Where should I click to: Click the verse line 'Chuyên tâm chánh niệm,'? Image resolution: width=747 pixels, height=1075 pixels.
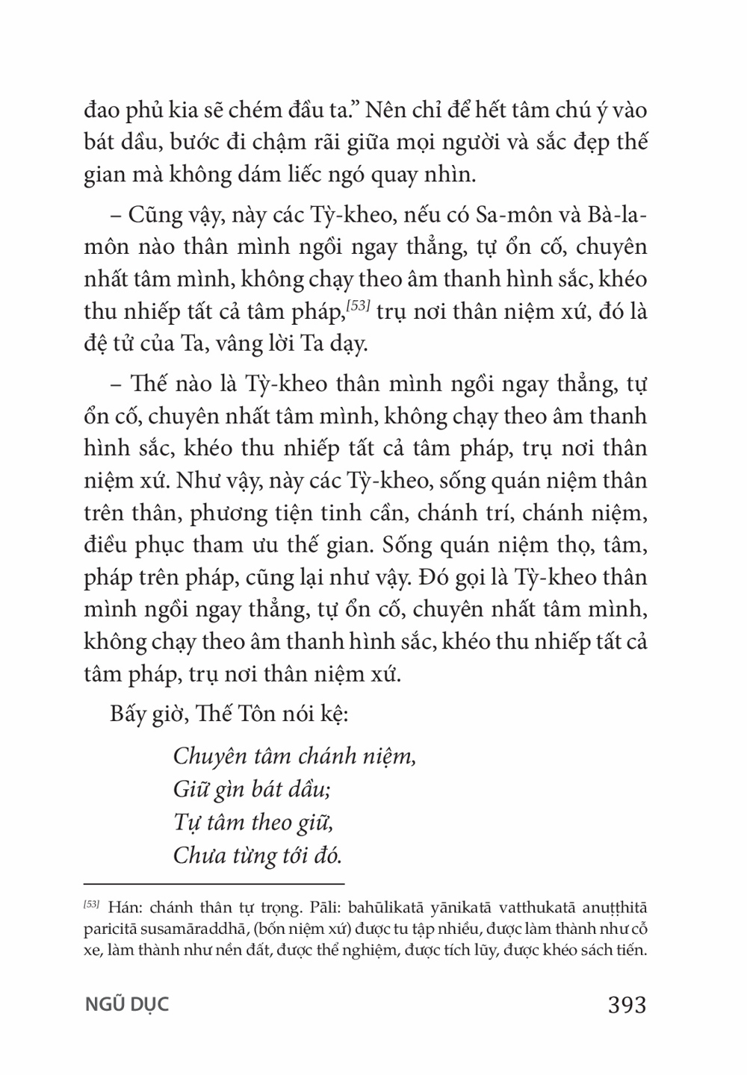tap(294, 756)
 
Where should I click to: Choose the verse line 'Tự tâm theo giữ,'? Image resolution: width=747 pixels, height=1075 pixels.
tap(252, 822)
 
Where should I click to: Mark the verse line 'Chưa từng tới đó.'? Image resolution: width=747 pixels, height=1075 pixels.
tap(258, 855)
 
